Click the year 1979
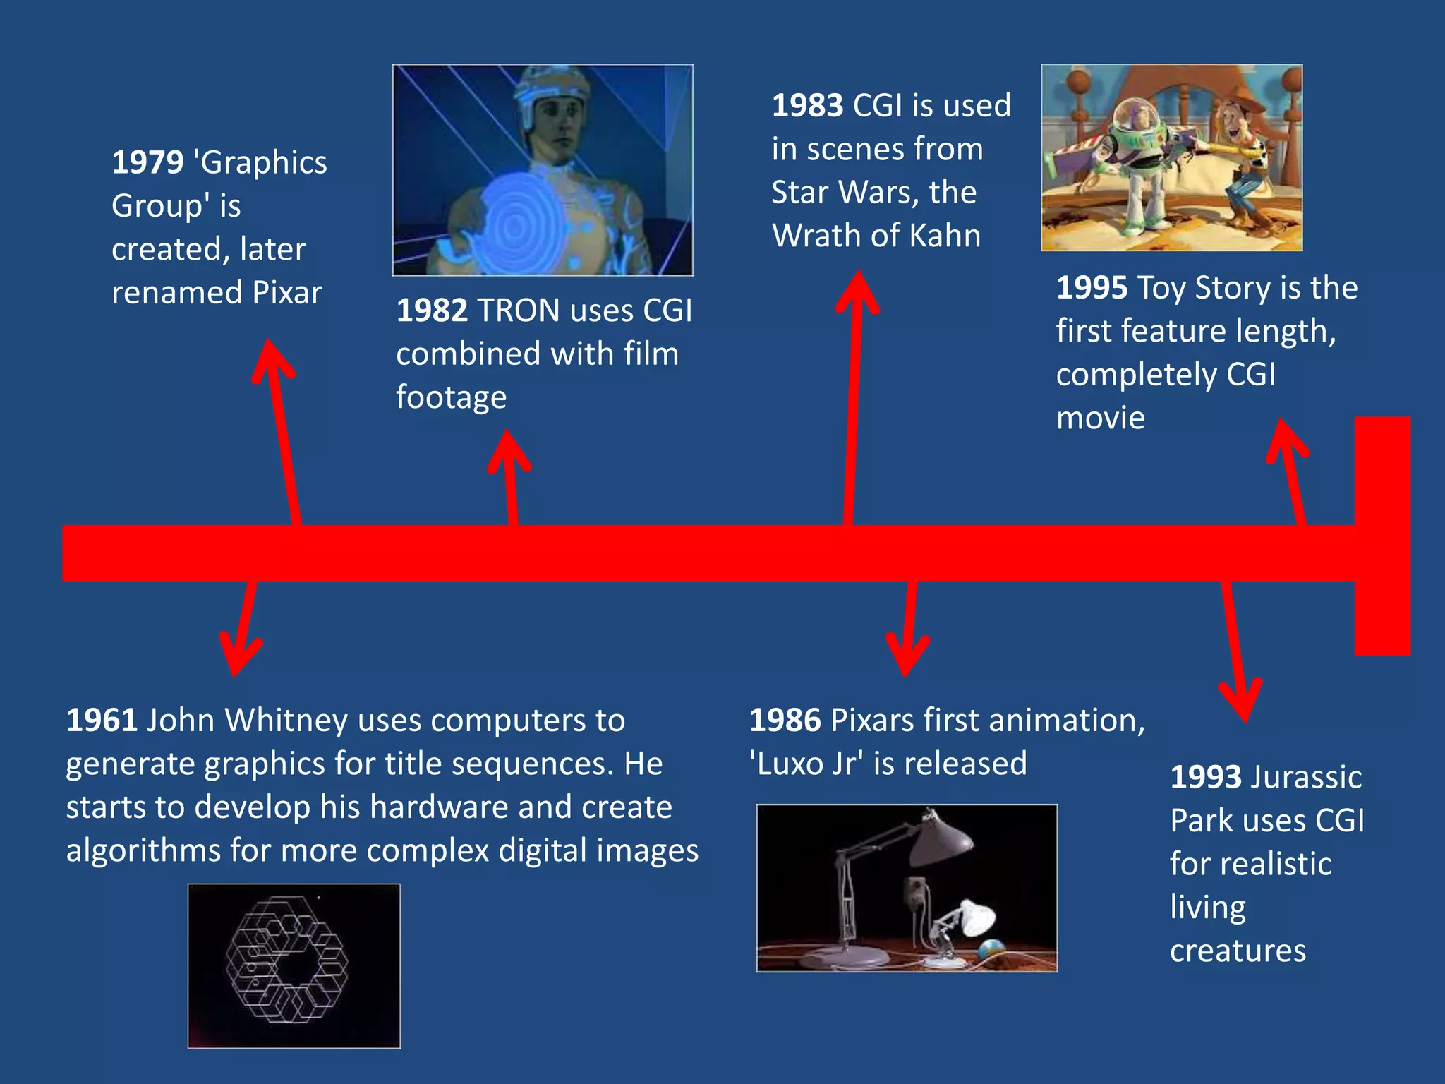pos(147,163)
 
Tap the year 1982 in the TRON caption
pos(432,311)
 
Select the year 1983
pos(807,106)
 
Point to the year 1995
pos(1092,289)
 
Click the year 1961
pos(102,721)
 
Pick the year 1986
pos(785,721)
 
